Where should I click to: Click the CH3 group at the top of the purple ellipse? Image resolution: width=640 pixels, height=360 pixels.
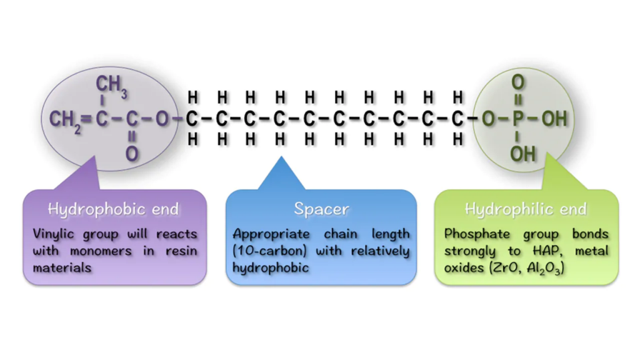click(112, 86)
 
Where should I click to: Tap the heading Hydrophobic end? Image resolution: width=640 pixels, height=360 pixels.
click(114, 209)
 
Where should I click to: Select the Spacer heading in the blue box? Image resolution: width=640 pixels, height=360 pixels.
click(321, 209)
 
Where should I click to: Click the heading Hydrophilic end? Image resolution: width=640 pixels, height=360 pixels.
click(526, 209)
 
